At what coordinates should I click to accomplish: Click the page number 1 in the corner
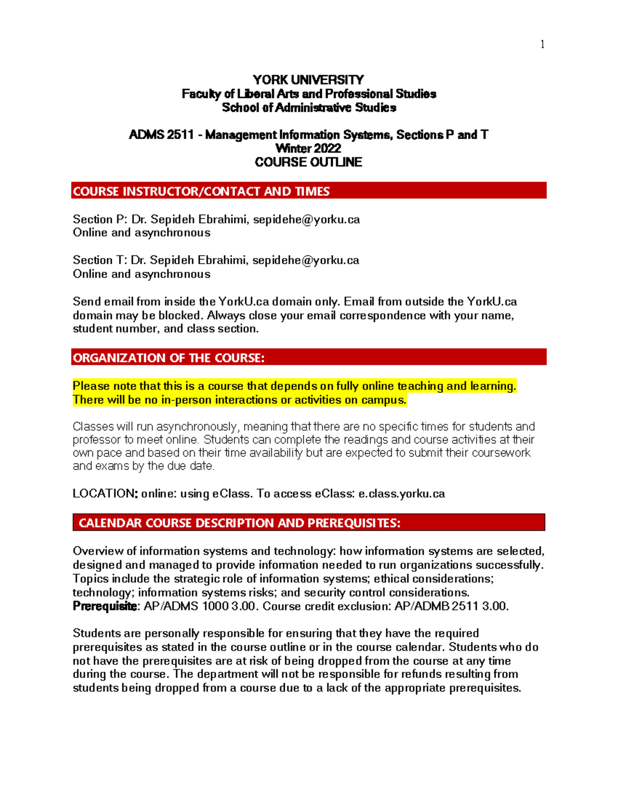pyautogui.click(x=542, y=44)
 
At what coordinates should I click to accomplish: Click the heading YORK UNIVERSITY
pyautogui.click(x=308, y=80)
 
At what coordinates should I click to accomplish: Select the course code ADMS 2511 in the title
pyautogui.click(x=161, y=135)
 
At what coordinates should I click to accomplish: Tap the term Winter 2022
pyautogui.click(x=308, y=148)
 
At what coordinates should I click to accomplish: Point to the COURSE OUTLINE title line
pyautogui.click(x=308, y=162)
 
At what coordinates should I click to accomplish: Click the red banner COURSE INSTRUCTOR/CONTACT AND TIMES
pyautogui.click(x=308, y=191)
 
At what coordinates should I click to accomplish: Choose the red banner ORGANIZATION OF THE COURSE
pyautogui.click(x=308, y=358)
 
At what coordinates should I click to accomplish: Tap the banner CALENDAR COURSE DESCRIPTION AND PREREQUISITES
pyautogui.click(x=308, y=523)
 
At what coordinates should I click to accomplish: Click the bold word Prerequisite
pyautogui.click(x=105, y=606)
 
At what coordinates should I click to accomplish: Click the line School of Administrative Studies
pyautogui.click(x=308, y=108)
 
